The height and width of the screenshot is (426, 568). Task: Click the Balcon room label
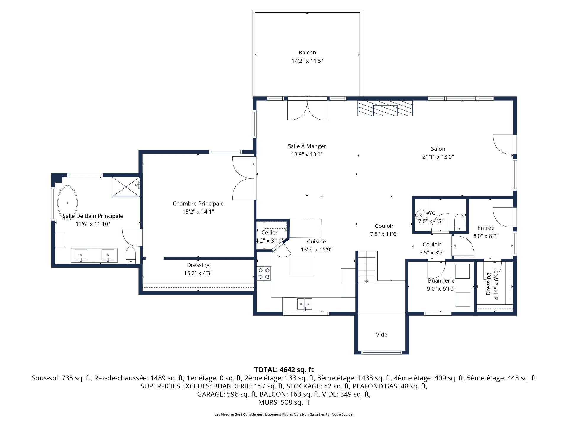307,53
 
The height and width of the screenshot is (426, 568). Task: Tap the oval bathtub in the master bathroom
67,203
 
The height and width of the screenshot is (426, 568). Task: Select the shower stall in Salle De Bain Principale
125,187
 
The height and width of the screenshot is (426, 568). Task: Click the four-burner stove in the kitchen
264,273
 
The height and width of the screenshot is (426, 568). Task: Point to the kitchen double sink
304,304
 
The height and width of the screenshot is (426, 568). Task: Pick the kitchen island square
301,265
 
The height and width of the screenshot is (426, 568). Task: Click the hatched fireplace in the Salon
385,108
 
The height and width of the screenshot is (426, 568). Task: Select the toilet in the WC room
459,222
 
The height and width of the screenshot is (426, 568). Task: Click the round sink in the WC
421,215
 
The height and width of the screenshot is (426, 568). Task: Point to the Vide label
381,335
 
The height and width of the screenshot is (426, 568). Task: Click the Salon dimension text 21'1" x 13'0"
438,157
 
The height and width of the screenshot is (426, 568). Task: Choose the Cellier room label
270,233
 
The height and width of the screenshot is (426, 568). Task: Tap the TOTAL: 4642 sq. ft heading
284,370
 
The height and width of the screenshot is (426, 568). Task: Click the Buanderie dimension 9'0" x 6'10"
441,289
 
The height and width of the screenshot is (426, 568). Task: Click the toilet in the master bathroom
130,255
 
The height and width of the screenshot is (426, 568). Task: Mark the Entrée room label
486,228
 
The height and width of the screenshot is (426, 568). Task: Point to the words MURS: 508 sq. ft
284,402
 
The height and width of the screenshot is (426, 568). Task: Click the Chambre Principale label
198,204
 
